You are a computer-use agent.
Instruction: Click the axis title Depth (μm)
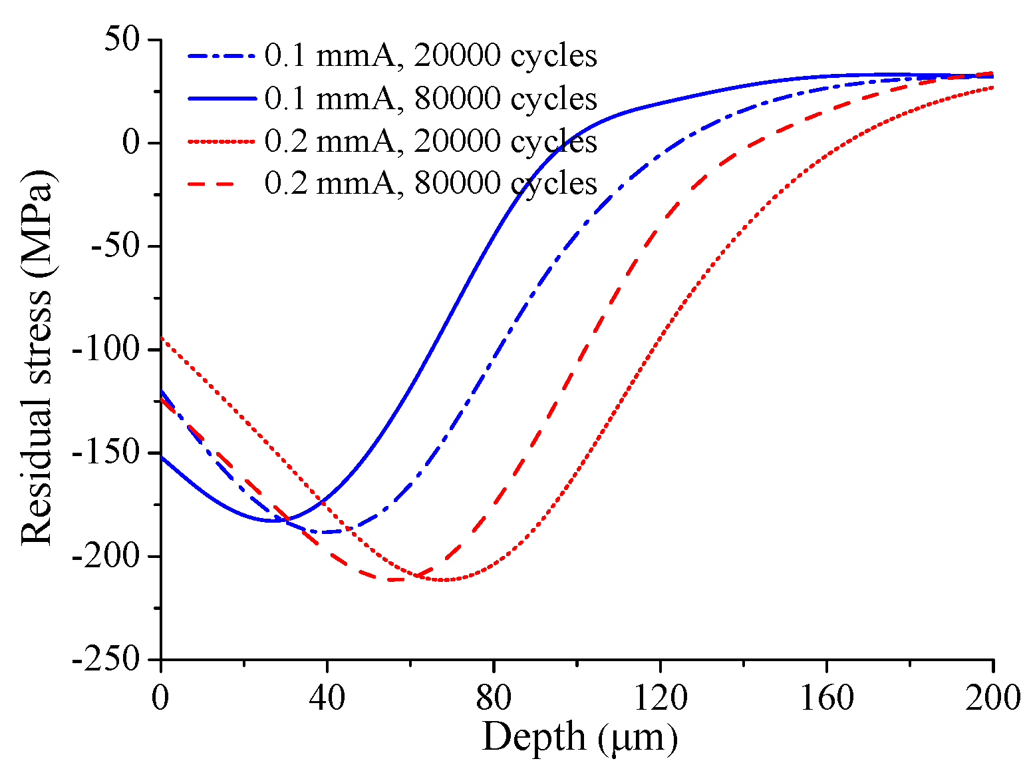579,737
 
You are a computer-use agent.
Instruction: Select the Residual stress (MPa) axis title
37,357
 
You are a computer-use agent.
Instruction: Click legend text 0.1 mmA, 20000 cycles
430,56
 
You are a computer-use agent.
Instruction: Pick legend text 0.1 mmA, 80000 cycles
430,99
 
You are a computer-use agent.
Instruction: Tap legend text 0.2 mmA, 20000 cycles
430,141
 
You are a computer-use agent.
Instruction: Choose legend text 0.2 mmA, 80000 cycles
430,183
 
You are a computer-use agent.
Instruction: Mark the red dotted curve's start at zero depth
162,338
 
